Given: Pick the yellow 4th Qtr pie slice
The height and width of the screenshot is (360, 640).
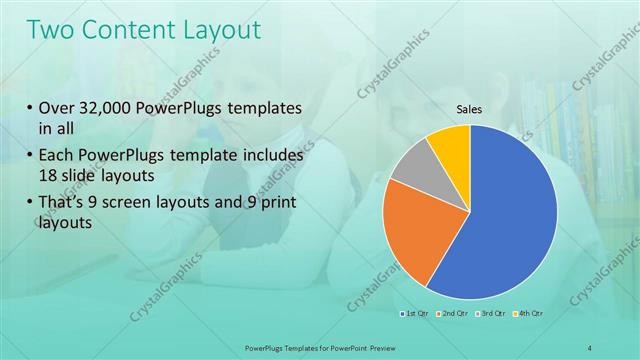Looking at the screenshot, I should (x=451, y=144).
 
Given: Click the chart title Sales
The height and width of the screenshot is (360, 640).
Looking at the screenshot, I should (x=470, y=109).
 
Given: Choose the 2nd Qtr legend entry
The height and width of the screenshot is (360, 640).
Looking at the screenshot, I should (x=452, y=315).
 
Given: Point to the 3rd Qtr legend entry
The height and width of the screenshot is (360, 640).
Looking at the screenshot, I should (x=491, y=315).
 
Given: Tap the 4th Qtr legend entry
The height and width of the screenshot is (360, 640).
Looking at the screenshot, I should (x=529, y=315).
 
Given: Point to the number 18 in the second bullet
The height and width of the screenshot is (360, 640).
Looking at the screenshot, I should (x=50, y=175).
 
